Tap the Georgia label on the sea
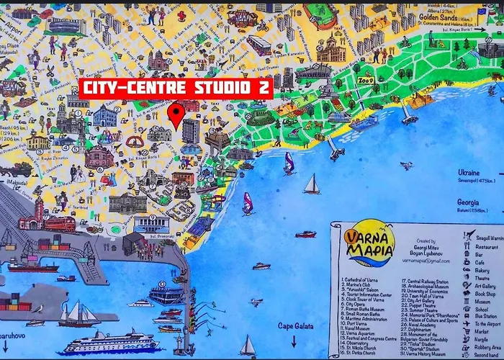pos(469,202)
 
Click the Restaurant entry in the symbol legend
pos(487,247)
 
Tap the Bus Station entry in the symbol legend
pos(487,315)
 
